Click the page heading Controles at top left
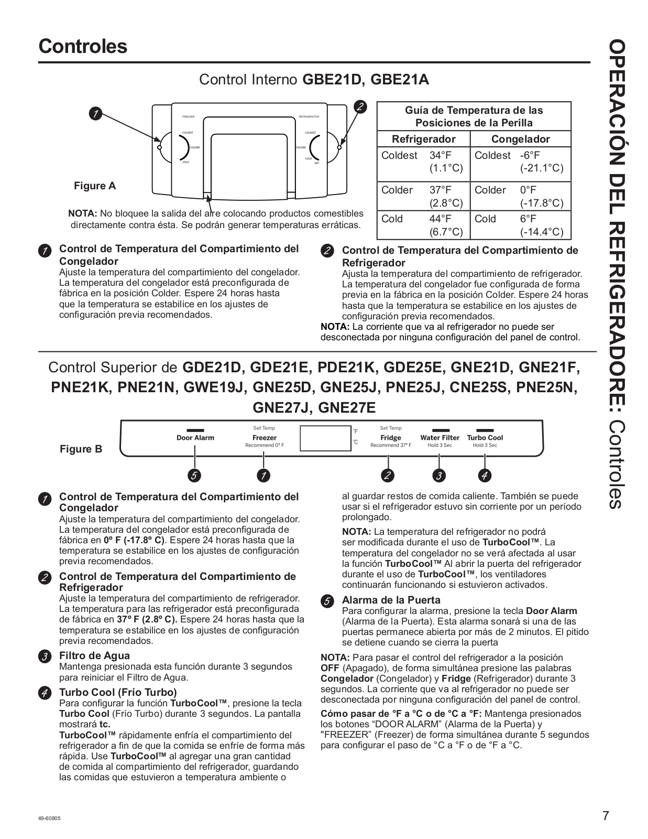pos(83,46)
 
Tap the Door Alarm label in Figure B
pos(195,438)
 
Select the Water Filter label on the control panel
pos(440,438)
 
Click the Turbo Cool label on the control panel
pos(485,438)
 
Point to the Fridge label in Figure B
pos(390,438)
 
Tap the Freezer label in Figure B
pos(264,438)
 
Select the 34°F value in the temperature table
pos(441,156)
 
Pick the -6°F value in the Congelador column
pos(530,156)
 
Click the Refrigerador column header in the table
pos(423,139)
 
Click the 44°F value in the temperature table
pos(441,219)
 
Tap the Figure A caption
pos(95,186)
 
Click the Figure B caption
pos(81,449)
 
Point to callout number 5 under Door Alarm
pos(194,476)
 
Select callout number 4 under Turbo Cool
pos(485,476)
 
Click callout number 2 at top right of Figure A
pos(360,107)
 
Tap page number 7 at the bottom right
pos(606,816)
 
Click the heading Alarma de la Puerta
pos(391,600)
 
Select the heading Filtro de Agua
pos(94,655)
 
